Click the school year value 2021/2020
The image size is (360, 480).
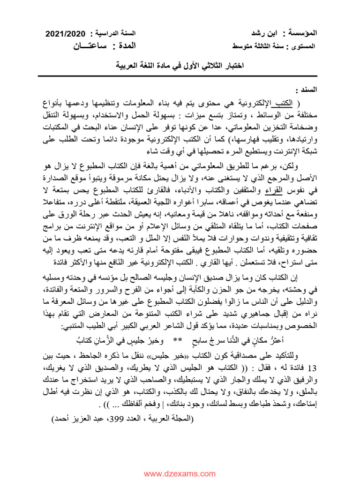[x=65, y=34]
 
